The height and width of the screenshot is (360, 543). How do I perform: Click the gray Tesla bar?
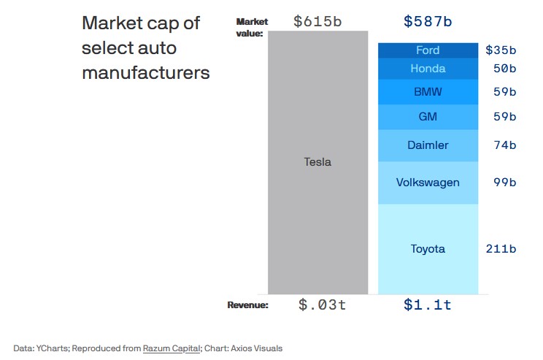(x=317, y=162)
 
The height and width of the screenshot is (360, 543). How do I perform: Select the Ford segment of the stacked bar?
(x=428, y=50)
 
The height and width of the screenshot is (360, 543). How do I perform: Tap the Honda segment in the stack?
(x=428, y=69)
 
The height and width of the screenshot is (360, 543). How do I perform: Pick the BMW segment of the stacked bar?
(x=428, y=92)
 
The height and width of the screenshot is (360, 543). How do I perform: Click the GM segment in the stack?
(x=428, y=116)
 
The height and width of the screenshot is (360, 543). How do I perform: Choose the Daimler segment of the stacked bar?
(x=428, y=145)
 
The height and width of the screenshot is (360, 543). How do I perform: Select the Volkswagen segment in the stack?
(x=428, y=182)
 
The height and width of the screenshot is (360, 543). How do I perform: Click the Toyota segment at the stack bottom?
(x=428, y=249)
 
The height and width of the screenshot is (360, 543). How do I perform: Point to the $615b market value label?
(x=317, y=21)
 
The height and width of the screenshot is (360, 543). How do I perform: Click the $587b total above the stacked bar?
(x=428, y=21)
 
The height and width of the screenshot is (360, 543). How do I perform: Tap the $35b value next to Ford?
(x=501, y=50)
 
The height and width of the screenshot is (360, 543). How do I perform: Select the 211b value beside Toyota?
(x=501, y=249)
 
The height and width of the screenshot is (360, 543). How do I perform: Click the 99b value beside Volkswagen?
(x=504, y=182)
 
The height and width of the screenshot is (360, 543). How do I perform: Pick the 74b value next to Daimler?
(x=504, y=145)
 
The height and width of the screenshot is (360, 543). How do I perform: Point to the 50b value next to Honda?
(x=504, y=69)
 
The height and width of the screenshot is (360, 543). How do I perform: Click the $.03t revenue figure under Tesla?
(x=322, y=305)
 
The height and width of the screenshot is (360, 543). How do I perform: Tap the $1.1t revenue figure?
(x=428, y=305)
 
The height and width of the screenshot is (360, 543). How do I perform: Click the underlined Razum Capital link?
(x=172, y=348)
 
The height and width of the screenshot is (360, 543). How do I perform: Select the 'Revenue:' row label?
(x=247, y=305)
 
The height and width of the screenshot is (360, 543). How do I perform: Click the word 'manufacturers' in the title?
(x=146, y=73)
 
